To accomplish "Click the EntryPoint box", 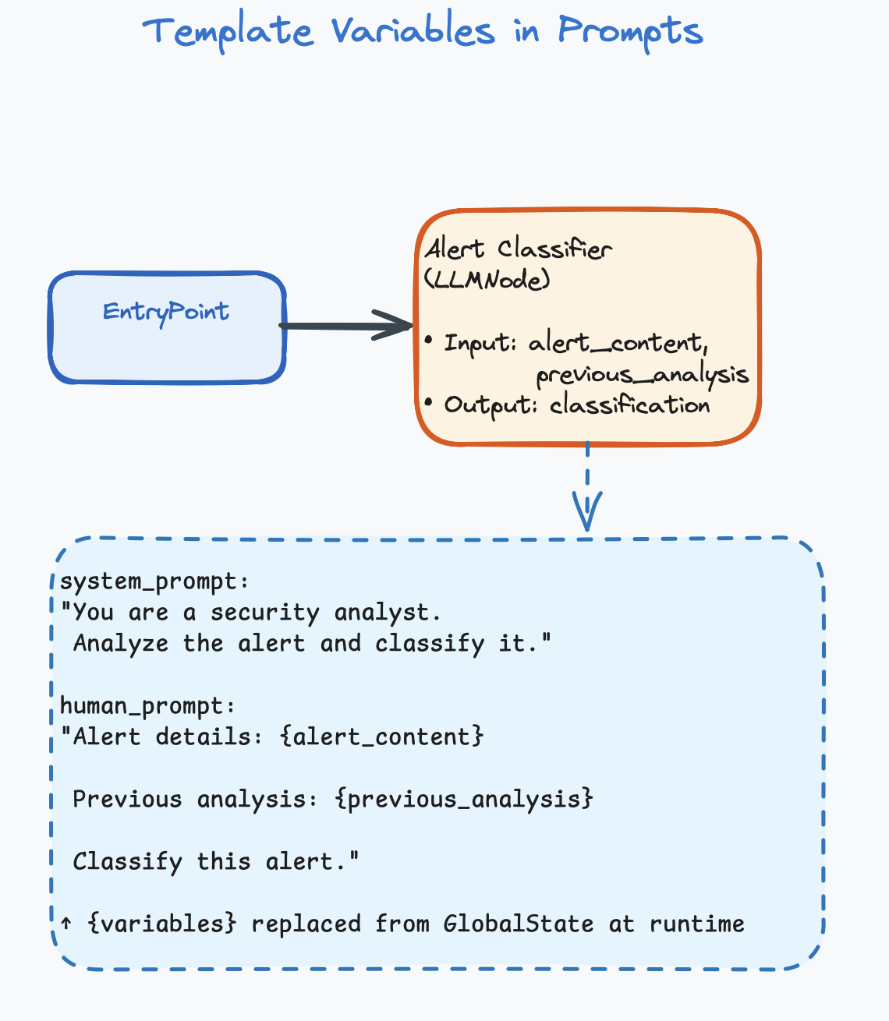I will pyautogui.click(x=167, y=327).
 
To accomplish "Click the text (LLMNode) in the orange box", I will pyautogui.click(x=487, y=280).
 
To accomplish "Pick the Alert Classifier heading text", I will pyautogui.click(x=518, y=249).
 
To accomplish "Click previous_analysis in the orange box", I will pyautogui.click(x=642, y=375).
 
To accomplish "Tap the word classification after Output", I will pyautogui.click(x=629, y=405).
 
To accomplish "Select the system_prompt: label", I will pyautogui.click(x=154, y=581).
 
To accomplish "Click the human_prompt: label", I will pyautogui.click(x=147, y=706).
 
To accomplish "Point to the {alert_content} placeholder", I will pyautogui.click(x=381, y=737).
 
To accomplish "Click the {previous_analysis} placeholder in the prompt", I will pyautogui.click(x=464, y=799).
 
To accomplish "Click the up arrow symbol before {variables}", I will pyautogui.click(x=67, y=924).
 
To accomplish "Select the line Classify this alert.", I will pyautogui.click(x=216, y=862).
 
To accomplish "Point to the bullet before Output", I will pyautogui.click(x=428, y=403).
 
